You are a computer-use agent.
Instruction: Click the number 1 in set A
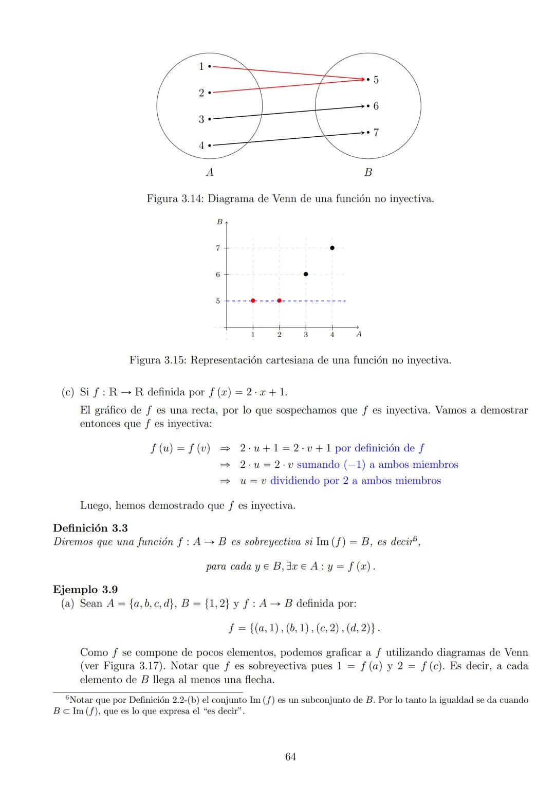tap(201, 66)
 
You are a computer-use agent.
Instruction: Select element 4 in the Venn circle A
tap(201, 145)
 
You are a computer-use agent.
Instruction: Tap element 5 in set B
tap(376, 80)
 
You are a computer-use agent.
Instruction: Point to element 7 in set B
tap(376, 133)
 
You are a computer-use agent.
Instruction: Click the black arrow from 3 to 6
tap(288, 113)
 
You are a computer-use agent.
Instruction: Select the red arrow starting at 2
tap(288, 86)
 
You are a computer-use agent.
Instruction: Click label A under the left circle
tap(210, 173)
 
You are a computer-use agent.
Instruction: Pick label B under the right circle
tap(368, 173)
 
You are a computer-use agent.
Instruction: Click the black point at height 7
tap(332, 248)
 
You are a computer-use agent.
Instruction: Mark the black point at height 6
tap(306, 274)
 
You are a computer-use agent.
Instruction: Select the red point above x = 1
tap(253, 301)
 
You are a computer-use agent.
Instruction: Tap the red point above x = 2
tap(279, 301)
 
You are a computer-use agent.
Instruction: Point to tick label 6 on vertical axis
tap(218, 275)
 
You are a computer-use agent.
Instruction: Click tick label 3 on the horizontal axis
tap(306, 335)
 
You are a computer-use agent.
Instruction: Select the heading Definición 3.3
tap(90, 528)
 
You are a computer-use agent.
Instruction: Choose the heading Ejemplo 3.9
tap(85, 589)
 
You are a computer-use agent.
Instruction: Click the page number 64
tap(290, 757)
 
